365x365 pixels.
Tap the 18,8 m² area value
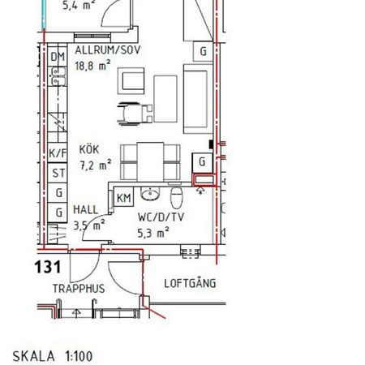click(92, 67)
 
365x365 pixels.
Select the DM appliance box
click(57, 58)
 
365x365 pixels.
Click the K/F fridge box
click(58, 153)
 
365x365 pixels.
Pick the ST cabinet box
click(58, 173)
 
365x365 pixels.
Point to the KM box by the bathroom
click(124, 198)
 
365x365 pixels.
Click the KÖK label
click(89, 150)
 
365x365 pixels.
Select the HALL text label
click(85, 209)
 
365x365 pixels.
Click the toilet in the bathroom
click(177, 198)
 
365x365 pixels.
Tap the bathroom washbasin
click(148, 195)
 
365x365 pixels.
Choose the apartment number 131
click(48, 266)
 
